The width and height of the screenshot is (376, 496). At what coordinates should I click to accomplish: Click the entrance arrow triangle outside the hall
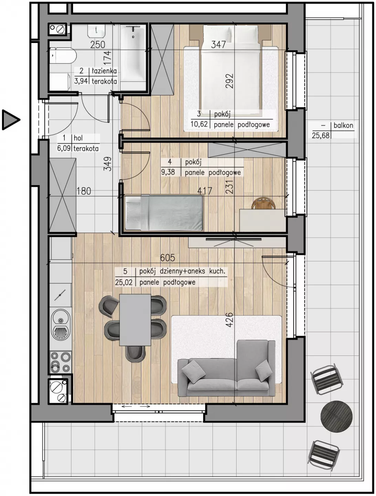pos(10,120)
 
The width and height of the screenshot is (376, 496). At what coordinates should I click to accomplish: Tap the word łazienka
pos(104,71)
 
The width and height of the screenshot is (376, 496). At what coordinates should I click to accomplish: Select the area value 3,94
pos(81,81)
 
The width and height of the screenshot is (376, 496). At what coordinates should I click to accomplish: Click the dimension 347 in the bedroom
pos(218,44)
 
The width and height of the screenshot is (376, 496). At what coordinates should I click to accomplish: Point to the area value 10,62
pos(199,124)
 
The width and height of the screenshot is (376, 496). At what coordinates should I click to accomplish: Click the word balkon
pos(343,125)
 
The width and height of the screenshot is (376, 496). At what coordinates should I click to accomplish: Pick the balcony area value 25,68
pos(321,136)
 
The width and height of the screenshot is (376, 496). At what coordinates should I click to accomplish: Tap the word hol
pos(78,138)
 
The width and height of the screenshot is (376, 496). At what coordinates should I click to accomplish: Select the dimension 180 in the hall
pos(84,191)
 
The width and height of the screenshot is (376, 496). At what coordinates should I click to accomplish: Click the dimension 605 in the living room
pos(168,258)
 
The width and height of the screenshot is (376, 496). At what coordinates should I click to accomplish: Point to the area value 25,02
pos(124,282)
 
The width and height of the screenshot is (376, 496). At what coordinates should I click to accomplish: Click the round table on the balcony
pos(336,416)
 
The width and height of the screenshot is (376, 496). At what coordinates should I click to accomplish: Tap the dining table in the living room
pos(135,320)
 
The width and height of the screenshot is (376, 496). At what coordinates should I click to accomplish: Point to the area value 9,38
pos(168,172)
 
